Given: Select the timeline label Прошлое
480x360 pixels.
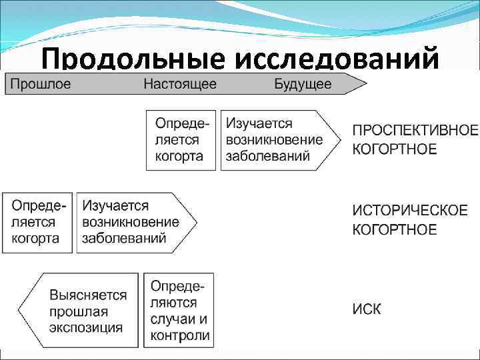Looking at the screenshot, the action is pyautogui.click(x=41, y=85).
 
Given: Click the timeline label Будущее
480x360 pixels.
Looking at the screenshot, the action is pyautogui.click(x=303, y=85).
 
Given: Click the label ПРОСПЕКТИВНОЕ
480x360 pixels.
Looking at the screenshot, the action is pyautogui.click(x=415, y=130).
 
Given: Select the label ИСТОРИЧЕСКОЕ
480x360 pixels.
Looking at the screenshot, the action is pyautogui.click(x=410, y=211).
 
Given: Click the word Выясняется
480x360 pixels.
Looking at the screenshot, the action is pyautogui.click(x=88, y=294).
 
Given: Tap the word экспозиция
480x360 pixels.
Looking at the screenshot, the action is pyautogui.click(x=86, y=327).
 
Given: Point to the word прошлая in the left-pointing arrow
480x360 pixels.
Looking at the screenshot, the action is pyautogui.click(x=79, y=311).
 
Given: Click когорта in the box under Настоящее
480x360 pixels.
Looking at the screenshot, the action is pyautogui.click(x=179, y=157).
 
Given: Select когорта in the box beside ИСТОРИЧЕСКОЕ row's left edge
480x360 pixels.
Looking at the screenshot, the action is pyautogui.click(x=36, y=239).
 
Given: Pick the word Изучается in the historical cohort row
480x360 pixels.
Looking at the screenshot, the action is pyautogui.click(x=115, y=205).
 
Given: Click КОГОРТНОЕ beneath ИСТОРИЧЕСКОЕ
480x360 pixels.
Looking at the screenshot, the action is pyautogui.click(x=395, y=230).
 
